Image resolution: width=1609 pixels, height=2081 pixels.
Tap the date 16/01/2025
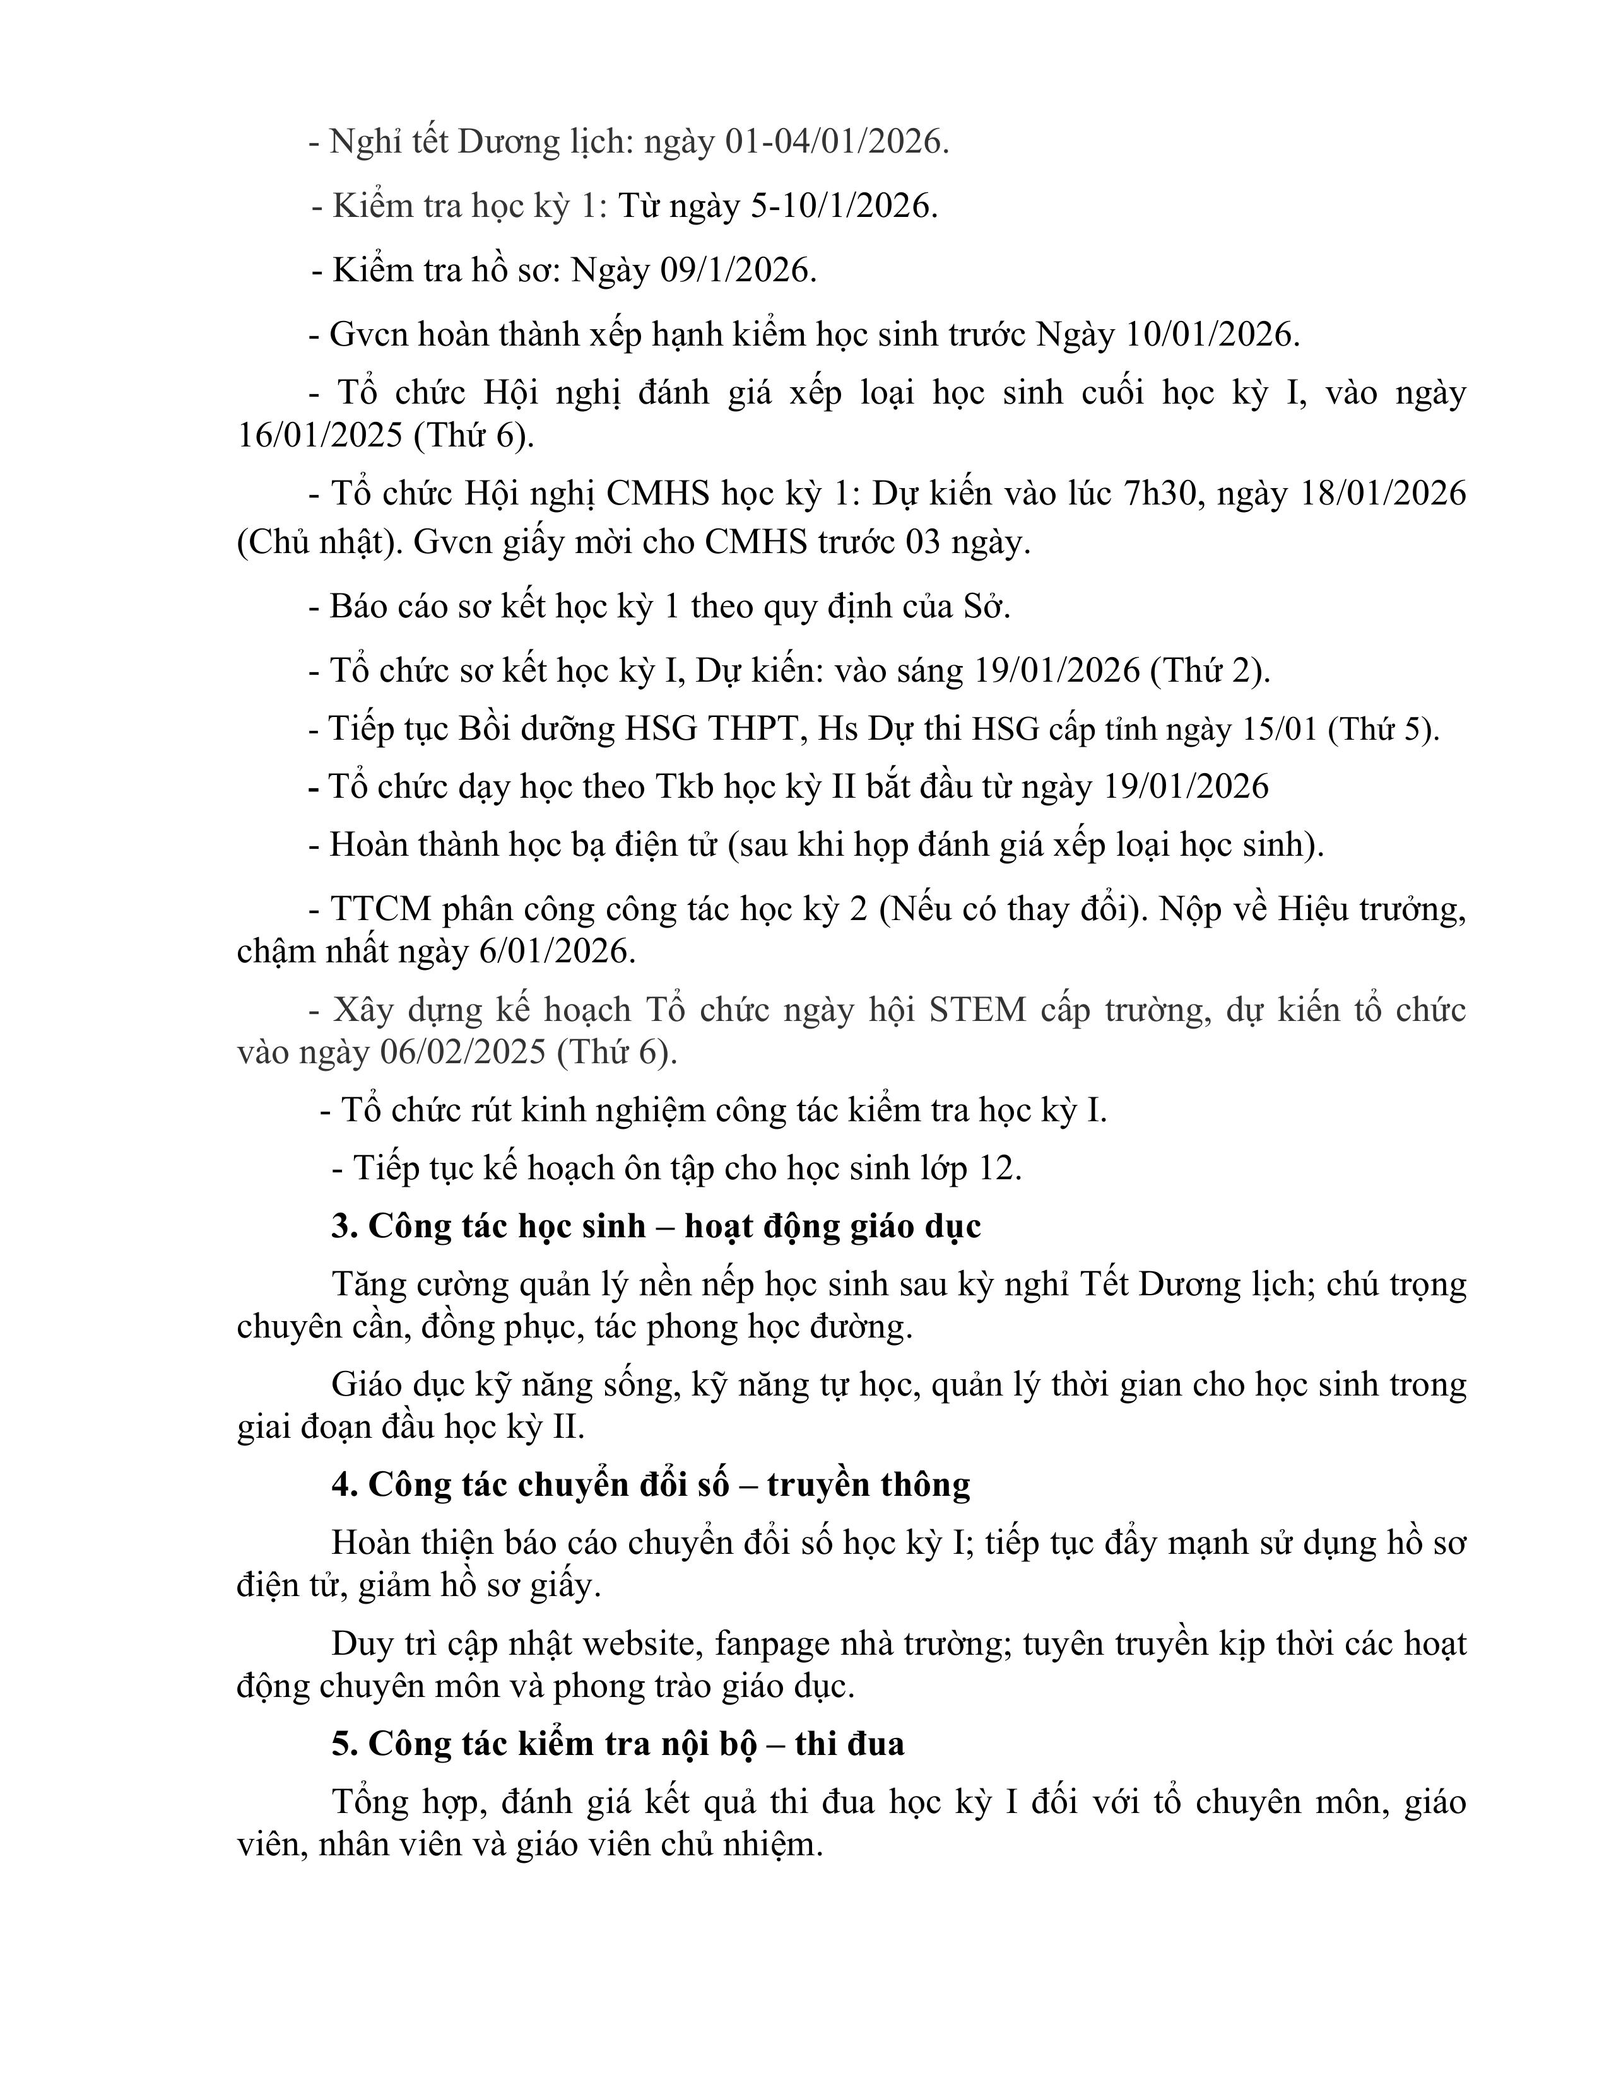[319, 436]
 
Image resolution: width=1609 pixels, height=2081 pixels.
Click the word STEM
[977, 1009]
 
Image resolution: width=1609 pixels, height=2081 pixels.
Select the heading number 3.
[344, 1225]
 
